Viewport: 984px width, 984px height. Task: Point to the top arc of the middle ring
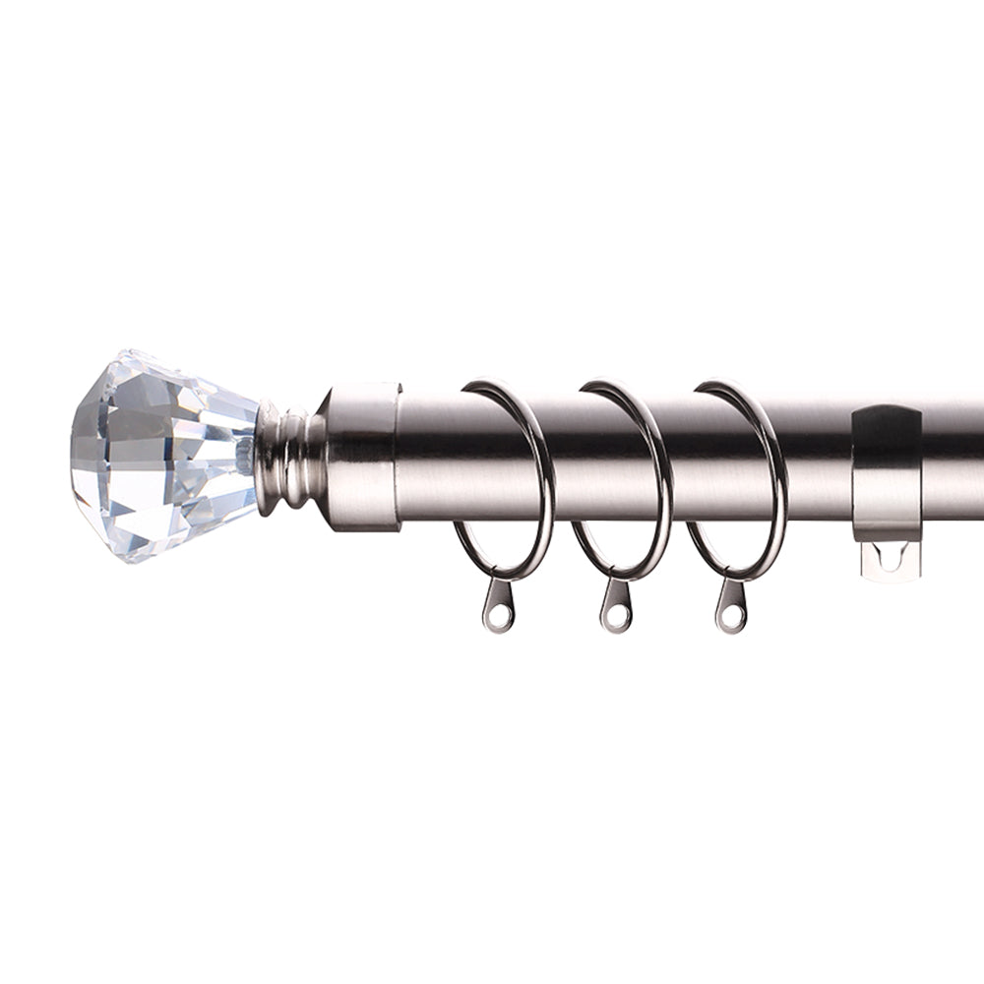620,386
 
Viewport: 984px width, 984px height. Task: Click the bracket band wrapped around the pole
886,472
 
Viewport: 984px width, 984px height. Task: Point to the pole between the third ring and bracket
817,458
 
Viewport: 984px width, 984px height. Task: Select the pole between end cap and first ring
433,458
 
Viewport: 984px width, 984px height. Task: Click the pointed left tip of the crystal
75,458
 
